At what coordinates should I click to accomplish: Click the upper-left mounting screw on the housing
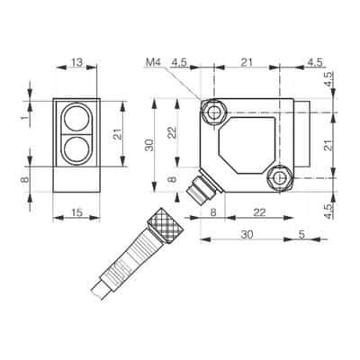pyautogui.click(x=214, y=112)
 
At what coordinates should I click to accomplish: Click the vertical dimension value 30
pyautogui.click(x=150, y=146)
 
